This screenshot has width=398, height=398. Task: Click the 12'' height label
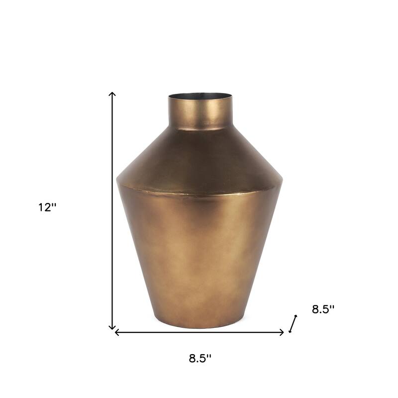48,208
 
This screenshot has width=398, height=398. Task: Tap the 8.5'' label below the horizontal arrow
200,358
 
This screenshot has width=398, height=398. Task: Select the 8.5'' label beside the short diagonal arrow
323,309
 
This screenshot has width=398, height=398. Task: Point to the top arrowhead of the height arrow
112,93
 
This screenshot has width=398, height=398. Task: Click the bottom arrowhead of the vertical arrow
112,328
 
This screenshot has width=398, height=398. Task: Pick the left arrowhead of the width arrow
116,332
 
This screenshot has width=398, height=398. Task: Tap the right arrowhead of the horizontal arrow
283,332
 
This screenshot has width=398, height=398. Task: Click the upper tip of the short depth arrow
296,316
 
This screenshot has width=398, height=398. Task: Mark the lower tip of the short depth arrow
290,331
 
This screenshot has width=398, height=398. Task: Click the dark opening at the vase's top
199,96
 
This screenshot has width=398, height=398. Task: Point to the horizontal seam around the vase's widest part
199,194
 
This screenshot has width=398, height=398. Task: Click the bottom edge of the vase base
199,327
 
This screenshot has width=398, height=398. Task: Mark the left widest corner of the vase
117,179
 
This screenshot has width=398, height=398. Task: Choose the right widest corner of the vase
282,180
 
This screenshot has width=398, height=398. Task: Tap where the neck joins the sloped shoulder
199,129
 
